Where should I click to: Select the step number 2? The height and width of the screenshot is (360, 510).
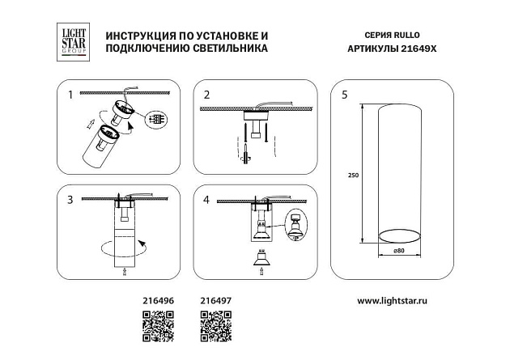tap(206, 95)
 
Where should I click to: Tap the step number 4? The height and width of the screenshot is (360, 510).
tap(206, 198)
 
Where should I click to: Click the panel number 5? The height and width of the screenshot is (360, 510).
tap(345, 95)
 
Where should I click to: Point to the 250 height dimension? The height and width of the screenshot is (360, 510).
tap(353, 175)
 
